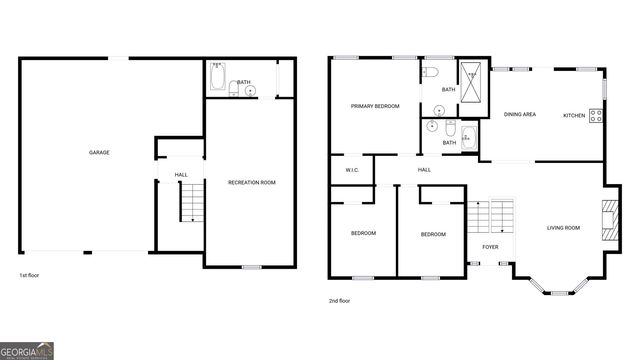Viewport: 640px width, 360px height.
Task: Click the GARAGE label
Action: tap(99, 153)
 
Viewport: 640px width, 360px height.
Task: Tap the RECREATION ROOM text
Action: tap(251, 182)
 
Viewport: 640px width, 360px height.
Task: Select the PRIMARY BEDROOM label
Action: tap(374, 106)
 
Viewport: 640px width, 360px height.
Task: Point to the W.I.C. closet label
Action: tap(352, 170)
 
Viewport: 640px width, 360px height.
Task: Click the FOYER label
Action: tap(490, 246)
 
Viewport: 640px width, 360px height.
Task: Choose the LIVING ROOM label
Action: tap(563, 228)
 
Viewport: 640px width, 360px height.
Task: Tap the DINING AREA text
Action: tap(520, 115)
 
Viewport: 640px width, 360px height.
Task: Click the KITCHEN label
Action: tap(574, 116)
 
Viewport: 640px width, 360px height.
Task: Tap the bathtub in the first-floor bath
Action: tap(219, 80)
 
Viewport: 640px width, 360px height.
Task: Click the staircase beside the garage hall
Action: tap(191, 203)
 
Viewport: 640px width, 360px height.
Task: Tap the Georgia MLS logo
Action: tap(27, 351)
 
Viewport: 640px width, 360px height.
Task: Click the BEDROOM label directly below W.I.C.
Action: tap(362, 234)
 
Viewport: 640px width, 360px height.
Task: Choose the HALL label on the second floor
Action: tap(425, 170)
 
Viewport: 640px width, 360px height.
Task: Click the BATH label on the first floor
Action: tap(244, 82)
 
